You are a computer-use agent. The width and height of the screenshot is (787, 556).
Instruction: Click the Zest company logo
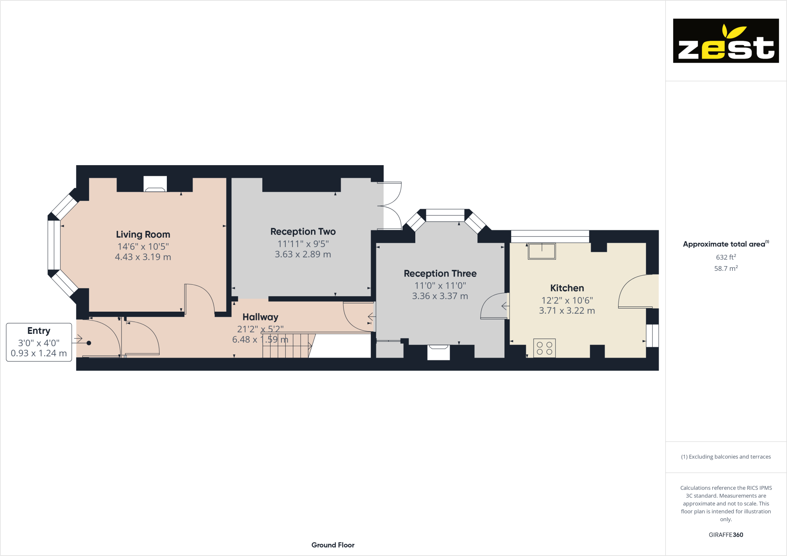point(726,41)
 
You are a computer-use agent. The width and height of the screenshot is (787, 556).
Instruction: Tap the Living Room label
point(143,234)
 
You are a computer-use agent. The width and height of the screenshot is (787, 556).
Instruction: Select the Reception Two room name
point(303,232)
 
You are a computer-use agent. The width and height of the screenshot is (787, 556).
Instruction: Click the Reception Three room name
point(440,274)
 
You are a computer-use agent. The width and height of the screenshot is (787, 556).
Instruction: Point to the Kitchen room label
point(567,288)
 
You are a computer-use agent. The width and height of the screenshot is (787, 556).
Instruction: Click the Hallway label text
point(260,317)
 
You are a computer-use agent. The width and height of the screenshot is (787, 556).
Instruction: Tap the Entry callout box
point(39,342)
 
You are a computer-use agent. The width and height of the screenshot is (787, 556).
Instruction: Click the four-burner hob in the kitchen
point(544,348)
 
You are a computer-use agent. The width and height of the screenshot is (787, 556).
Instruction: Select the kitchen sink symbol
point(542,251)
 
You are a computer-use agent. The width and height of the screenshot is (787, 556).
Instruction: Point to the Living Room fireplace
point(155,185)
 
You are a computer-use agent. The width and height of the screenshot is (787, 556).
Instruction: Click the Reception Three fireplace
point(438,352)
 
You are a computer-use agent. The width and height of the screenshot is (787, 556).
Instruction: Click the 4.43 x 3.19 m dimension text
point(143,257)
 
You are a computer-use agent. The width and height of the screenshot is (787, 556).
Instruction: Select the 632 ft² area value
point(726,257)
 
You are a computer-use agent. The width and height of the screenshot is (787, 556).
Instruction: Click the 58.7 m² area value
point(726,268)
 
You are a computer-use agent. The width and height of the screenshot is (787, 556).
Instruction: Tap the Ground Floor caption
point(333,545)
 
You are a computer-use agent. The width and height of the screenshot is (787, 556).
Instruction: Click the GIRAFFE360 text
point(726,535)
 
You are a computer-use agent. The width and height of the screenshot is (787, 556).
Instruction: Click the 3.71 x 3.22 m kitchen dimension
point(567,311)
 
